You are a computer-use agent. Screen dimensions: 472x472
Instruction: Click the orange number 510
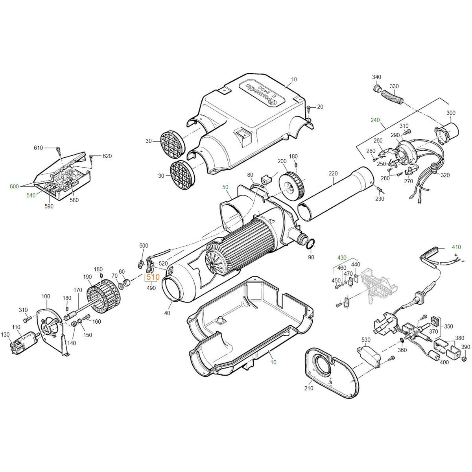pyautogui.click(x=153, y=277)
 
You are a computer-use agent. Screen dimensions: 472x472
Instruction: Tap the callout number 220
pyautogui.click(x=333, y=173)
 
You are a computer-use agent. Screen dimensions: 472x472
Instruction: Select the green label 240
pyautogui.click(x=375, y=120)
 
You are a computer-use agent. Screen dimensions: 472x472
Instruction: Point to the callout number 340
pyautogui.click(x=377, y=77)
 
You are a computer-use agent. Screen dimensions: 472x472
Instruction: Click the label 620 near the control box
pyautogui.click(x=107, y=156)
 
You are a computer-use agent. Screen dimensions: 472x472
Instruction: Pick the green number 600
pyautogui.click(x=14, y=186)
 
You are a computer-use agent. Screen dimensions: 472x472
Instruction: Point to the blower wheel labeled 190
pyautogui.click(x=103, y=297)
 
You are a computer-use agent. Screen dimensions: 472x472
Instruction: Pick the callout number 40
pyautogui.click(x=167, y=313)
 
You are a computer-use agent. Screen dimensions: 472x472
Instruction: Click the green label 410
pyautogui.click(x=456, y=247)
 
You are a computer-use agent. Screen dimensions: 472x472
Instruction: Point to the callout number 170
pyautogui.click(x=77, y=290)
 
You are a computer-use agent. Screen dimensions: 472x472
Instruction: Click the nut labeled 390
pyautogui.click(x=463, y=360)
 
